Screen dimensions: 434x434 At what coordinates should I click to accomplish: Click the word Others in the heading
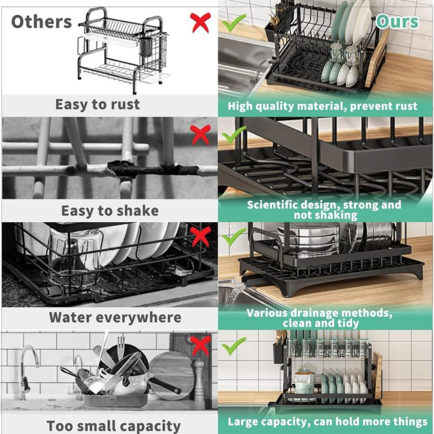(41, 22)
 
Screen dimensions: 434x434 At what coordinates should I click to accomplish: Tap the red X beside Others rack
(200, 22)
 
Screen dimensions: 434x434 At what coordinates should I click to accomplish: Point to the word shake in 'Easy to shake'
(137, 211)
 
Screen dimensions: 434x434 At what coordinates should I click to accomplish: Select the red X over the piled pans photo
(200, 346)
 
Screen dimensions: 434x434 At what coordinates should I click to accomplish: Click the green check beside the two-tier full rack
(233, 346)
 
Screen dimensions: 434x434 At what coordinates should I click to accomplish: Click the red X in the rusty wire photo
(200, 135)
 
